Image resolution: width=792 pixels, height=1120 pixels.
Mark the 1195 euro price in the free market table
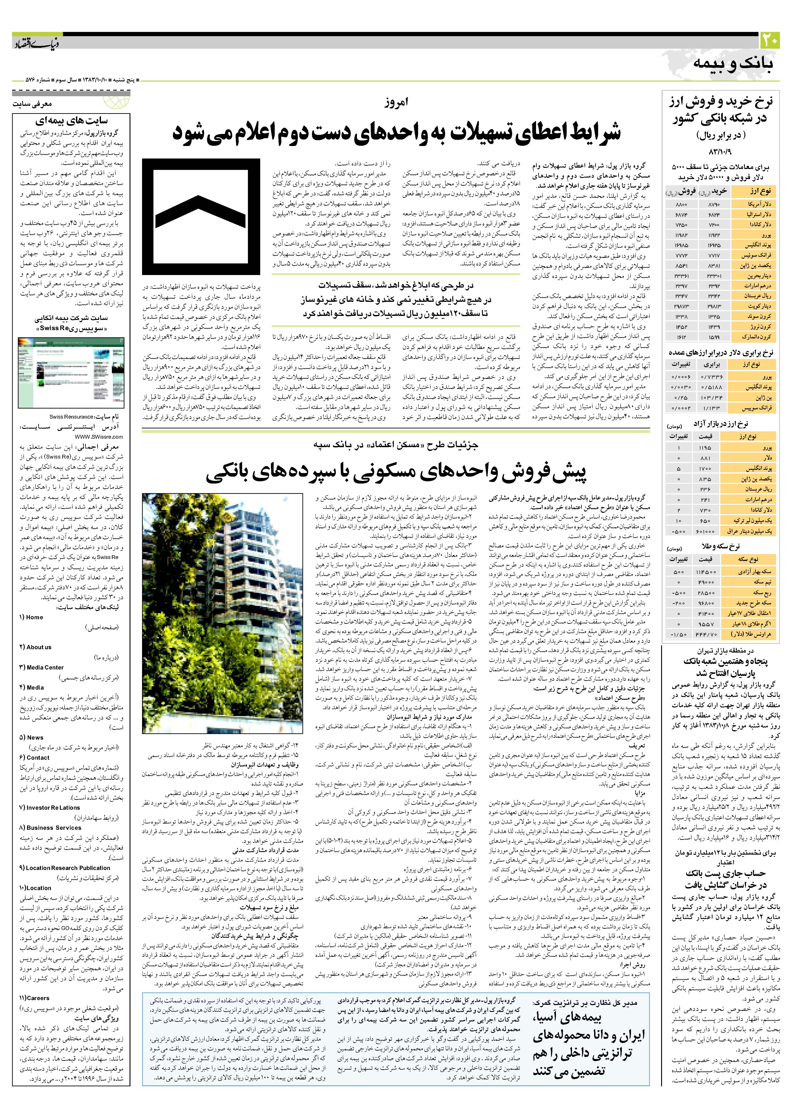coord(705,447)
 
